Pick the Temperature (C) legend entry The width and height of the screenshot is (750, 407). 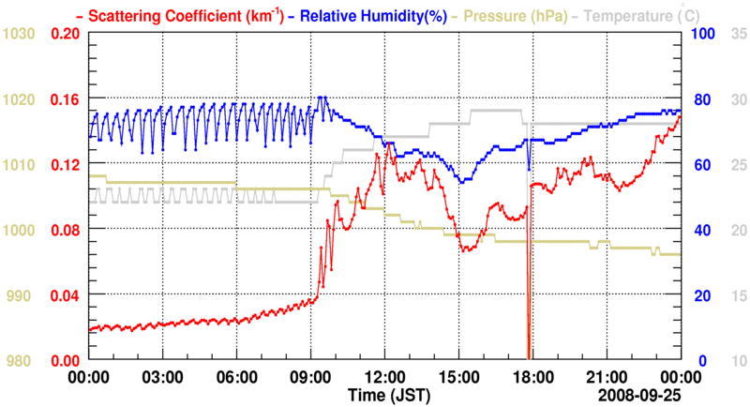click(x=637, y=14)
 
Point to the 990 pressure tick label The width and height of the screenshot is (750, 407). click(x=22, y=295)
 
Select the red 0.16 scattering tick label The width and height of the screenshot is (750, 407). click(x=64, y=99)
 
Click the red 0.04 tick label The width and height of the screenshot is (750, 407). click(x=64, y=295)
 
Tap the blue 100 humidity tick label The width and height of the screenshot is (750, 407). click(x=703, y=34)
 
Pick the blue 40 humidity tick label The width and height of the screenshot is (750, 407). click(x=699, y=230)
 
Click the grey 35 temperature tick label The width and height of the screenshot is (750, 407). click(x=738, y=34)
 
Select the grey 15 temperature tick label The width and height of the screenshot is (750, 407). click(x=738, y=295)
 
